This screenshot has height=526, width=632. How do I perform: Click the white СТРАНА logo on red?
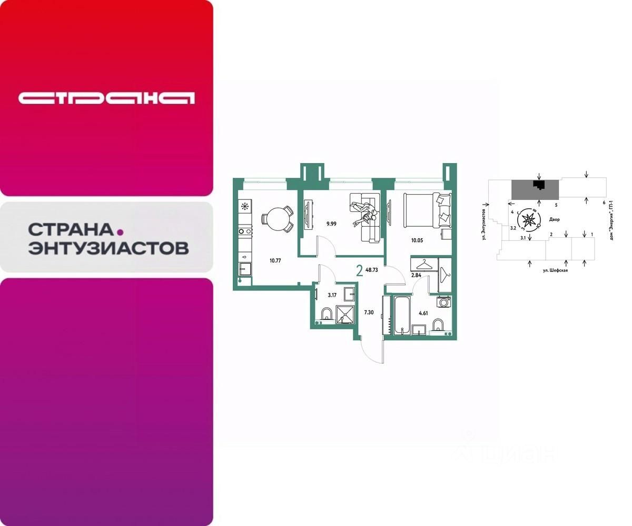106,98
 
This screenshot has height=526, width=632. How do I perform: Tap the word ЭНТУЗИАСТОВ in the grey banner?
108,248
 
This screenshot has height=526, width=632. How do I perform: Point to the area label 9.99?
331,224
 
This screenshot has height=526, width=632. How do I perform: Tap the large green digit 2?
359,271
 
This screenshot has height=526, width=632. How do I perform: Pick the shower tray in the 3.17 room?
345,314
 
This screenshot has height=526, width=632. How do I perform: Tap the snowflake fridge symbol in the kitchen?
245,206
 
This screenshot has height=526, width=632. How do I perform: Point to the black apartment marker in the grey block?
538,184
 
